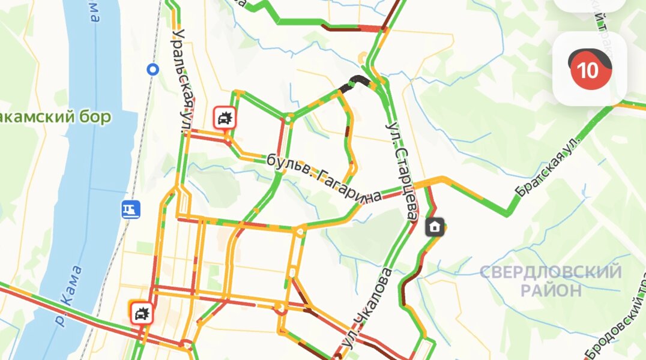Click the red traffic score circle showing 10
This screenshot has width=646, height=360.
pos(587,70)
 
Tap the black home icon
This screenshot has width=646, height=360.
pos(435,227)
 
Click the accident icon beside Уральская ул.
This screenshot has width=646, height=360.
pos(225,118)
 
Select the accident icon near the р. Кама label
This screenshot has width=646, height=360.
pos(142,313)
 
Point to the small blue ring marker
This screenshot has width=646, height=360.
pos(153,70)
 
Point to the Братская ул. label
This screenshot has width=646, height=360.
pos(549,167)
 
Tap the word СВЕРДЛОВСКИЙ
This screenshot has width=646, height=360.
pos(550,273)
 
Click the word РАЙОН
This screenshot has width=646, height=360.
pos(551,291)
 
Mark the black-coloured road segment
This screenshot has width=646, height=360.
pos(355,82)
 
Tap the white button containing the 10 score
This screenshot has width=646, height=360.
pos(590,68)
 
